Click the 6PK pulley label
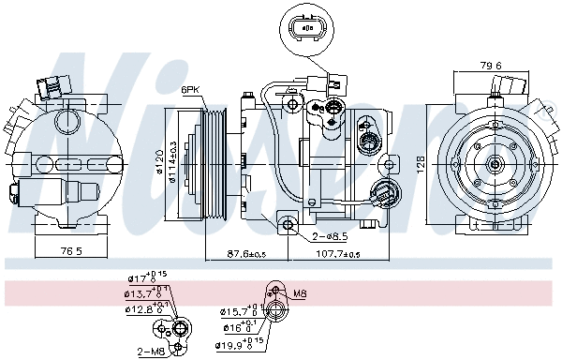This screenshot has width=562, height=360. (x=191, y=90)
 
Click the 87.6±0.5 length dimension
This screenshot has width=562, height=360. (x=245, y=254)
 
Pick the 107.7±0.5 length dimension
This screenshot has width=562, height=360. (x=335, y=254)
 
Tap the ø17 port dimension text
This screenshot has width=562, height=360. (x=144, y=279)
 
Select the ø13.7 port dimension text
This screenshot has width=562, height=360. (x=146, y=293)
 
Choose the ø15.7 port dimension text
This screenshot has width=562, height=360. (x=236, y=310)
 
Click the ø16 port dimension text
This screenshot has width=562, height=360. (x=236, y=327)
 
